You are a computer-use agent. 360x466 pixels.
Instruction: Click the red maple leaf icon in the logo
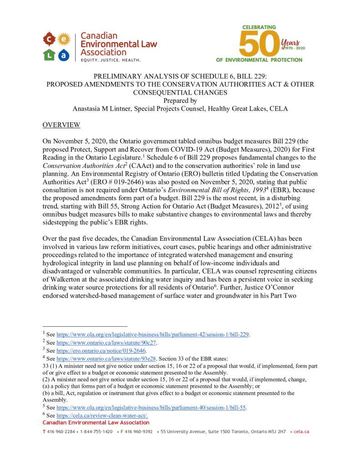tap(49, 39)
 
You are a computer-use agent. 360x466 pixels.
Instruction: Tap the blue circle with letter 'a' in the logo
tap(64, 55)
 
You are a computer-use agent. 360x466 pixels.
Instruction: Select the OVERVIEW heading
tap(61, 125)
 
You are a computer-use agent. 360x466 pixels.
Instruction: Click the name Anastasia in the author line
tap(88, 109)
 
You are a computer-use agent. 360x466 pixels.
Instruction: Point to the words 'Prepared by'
tap(180, 101)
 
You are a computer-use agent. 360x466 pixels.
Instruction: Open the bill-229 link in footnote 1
tap(152, 334)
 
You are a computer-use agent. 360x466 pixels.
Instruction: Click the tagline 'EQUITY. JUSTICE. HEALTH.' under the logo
tap(111, 60)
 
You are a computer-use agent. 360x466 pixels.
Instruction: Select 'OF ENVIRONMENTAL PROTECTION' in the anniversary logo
tap(259, 60)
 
